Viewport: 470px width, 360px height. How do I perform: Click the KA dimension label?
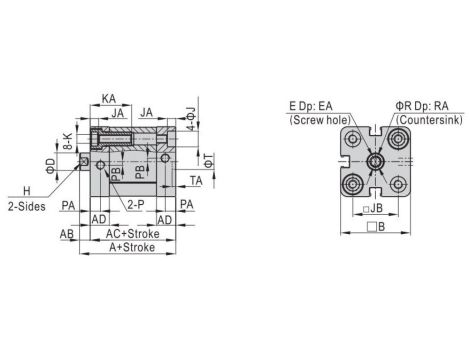pos(109,99)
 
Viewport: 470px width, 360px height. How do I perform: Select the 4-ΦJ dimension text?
pos(191,119)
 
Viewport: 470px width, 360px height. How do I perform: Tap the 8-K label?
pos(68,141)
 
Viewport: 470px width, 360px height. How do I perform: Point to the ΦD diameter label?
pos(50,166)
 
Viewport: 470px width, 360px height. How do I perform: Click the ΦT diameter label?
pos(208,160)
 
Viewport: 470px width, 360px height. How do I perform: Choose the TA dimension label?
pos(196,181)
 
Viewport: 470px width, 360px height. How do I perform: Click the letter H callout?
pos(27,191)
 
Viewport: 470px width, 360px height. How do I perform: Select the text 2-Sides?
pos(27,206)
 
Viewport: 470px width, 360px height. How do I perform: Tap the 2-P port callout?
pos(136,205)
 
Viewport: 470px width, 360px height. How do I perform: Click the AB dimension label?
pos(67,234)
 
